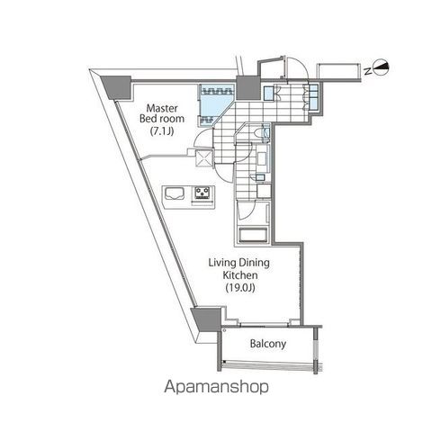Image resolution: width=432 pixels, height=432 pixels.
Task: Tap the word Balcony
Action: [x=267, y=344]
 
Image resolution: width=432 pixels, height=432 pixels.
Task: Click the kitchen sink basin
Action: [x=174, y=193]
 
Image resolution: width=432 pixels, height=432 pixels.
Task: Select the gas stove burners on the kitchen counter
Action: [x=201, y=193]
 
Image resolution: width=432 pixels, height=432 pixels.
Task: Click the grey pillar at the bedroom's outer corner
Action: [x=117, y=84]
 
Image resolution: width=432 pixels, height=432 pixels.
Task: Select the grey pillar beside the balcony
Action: [x=207, y=319]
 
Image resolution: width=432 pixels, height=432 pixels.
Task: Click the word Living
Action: [x=222, y=262]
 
